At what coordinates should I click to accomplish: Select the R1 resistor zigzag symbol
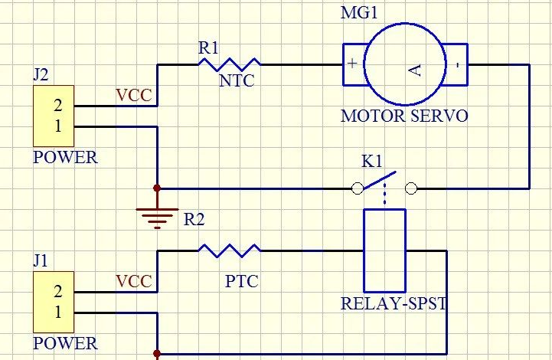click(x=229, y=64)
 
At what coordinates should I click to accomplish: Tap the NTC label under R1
click(x=237, y=81)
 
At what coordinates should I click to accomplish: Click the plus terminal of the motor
click(x=352, y=64)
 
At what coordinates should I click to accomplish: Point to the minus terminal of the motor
click(x=457, y=64)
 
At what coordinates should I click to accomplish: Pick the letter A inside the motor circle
click(x=415, y=70)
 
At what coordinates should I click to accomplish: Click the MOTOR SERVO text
click(x=403, y=116)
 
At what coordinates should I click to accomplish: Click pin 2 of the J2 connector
click(x=57, y=106)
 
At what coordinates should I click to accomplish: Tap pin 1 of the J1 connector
click(x=57, y=312)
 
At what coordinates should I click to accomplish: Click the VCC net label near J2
click(x=134, y=96)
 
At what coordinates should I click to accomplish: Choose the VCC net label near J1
click(x=134, y=281)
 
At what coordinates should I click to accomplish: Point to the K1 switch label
click(x=372, y=162)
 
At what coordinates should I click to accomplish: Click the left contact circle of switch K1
click(x=357, y=188)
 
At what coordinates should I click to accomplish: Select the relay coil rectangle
click(x=383, y=250)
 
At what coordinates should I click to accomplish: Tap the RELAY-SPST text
click(x=394, y=303)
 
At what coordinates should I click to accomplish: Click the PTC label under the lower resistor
click(x=241, y=282)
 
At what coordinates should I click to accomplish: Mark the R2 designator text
click(x=194, y=220)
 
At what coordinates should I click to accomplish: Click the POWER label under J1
click(x=65, y=343)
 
